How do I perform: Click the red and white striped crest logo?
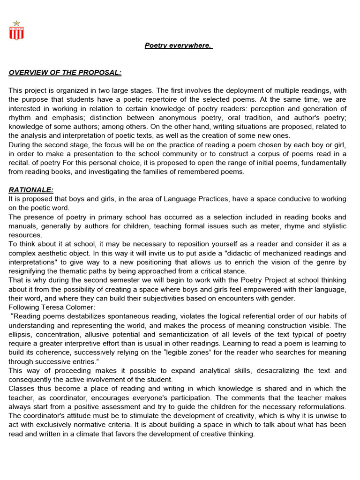(16, 33)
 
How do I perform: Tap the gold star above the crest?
(16, 23)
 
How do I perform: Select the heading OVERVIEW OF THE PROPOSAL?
(65, 73)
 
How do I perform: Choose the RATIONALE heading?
(31, 190)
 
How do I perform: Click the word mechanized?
(269, 253)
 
